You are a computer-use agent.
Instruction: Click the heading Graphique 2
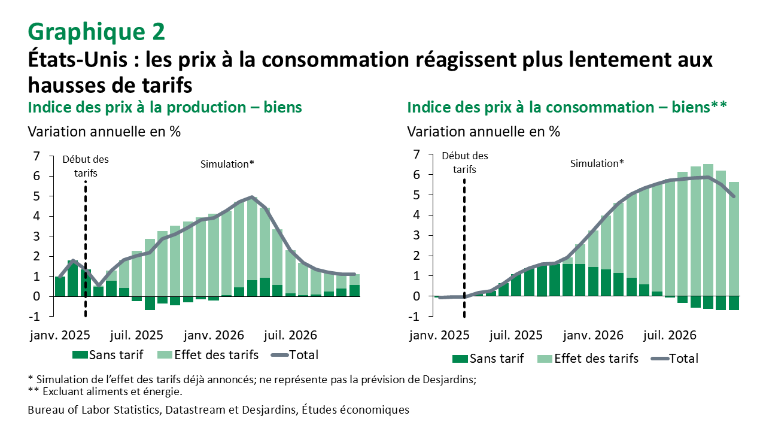pos(96,32)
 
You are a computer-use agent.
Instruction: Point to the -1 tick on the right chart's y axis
pos(415,316)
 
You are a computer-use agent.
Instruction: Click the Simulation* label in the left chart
pos(227,163)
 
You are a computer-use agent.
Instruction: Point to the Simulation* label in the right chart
pos(597,163)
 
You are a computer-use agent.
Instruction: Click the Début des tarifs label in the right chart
pos(464,162)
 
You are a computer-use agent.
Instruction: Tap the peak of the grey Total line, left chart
pos(252,197)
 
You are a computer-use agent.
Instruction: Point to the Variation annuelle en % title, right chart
pos(484,131)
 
